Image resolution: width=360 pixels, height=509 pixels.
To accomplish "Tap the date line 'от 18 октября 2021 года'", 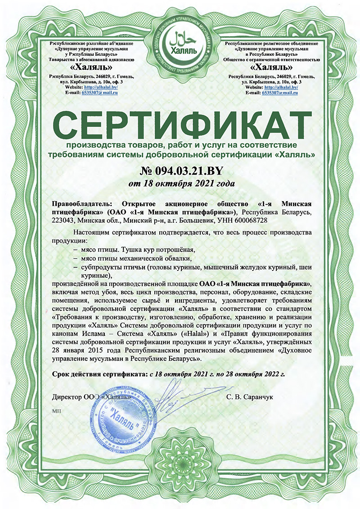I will (180, 183).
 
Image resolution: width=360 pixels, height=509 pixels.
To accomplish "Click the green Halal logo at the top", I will (180, 37).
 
